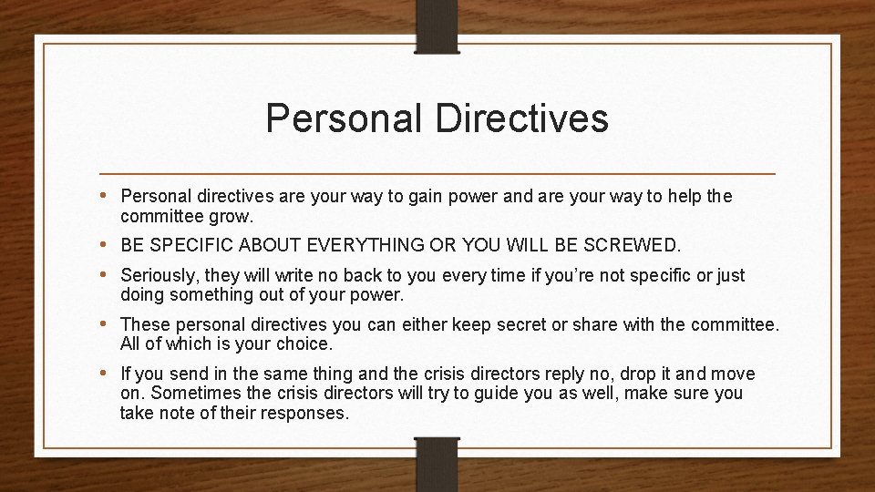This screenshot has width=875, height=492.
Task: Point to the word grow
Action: pos(232,218)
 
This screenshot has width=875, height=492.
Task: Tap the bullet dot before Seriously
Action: pos(108,274)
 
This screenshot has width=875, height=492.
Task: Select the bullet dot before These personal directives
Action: pos(108,323)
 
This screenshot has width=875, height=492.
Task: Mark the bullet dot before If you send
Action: pos(108,374)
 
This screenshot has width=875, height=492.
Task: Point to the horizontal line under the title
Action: pos(437,173)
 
